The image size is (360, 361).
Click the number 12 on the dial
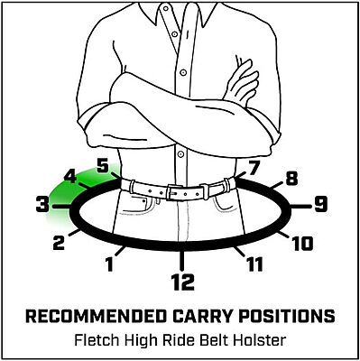[182, 282]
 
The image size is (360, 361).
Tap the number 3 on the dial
[42, 206]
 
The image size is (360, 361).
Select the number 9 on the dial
[319, 205]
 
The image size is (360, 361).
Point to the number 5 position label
[102, 166]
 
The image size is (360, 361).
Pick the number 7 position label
[253, 167]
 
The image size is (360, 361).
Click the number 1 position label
[110, 264]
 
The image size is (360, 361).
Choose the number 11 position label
[254, 264]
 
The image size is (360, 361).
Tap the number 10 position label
[303, 242]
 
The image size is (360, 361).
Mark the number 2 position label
[60, 242]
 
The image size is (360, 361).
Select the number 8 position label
[291, 179]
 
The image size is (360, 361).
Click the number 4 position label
[69, 178]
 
